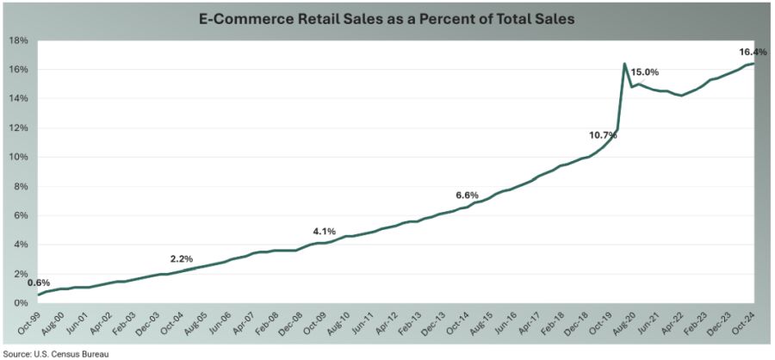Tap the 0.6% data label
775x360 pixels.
[39, 282]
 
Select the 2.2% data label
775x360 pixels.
[182, 258]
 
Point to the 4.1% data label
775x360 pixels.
[324, 231]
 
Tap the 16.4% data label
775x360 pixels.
[753, 52]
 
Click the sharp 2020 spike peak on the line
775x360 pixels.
[623, 64]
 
